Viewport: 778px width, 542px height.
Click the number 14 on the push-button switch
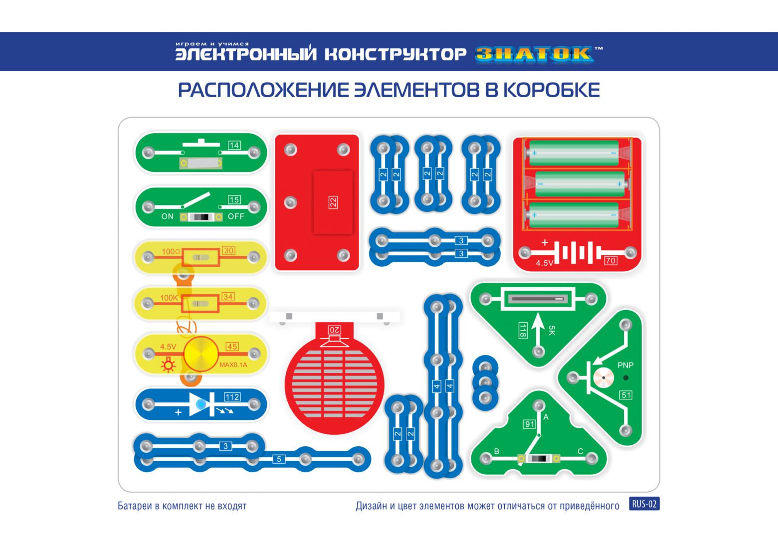[x=234, y=145]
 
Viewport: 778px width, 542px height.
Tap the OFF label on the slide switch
[x=236, y=216]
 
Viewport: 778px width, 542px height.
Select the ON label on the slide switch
[x=167, y=216]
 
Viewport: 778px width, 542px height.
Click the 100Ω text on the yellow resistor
[x=171, y=251]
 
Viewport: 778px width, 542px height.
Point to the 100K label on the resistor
[x=169, y=298]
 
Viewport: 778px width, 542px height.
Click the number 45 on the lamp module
[x=232, y=347]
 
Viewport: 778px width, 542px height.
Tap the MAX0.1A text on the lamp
[x=233, y=365]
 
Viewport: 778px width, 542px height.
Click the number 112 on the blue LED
[x=232, y=397]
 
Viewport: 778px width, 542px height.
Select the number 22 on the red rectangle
[x=333, y=202]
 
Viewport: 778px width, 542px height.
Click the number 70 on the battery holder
[x=610, y=260]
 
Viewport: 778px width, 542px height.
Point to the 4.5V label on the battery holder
[x=544, y=263]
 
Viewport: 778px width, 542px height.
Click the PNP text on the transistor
[x=625, y=365]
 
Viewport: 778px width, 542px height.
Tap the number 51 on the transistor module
[x=626, y=395]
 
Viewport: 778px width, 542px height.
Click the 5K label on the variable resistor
[x=552, y=330]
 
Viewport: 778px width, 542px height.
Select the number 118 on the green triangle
[x=523, y=330]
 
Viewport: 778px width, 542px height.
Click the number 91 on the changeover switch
[x=530, y=424]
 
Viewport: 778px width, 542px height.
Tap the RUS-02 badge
[x=644, y=504]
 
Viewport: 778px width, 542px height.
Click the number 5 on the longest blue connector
[x=279, y=459]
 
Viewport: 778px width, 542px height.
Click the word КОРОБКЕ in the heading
[x=552, y=90]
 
